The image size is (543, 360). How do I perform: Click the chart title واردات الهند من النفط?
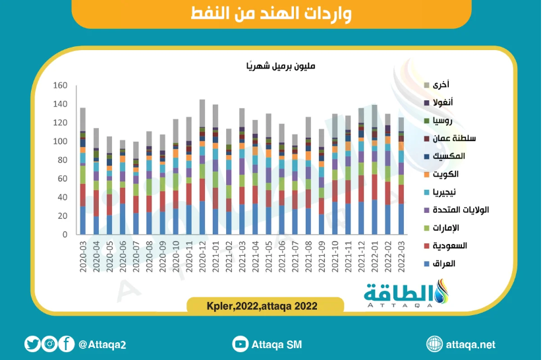271,13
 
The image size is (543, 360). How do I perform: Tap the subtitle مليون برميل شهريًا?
281,66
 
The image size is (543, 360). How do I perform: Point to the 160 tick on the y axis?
60,85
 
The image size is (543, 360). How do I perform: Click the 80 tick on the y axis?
63,160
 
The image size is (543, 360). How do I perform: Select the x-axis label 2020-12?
202,256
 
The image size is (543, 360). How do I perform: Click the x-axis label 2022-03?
401,256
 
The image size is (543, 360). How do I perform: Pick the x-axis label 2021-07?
295,256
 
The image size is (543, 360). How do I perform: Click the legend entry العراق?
443,264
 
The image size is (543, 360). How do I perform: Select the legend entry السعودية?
449,246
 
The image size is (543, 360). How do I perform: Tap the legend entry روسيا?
442,121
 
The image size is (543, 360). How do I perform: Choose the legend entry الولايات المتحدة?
461,210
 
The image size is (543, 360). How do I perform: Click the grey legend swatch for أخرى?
426,85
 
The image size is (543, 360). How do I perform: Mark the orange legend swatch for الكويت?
426,174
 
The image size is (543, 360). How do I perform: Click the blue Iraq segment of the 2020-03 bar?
83,220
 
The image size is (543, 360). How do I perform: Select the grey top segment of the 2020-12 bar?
202,113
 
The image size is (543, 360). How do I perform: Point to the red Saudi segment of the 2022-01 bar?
374,187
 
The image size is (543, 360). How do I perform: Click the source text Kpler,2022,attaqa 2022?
262,307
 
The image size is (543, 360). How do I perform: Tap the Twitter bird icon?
32,344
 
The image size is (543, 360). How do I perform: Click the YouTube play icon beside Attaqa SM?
240,344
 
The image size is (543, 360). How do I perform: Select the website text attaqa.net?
471,345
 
